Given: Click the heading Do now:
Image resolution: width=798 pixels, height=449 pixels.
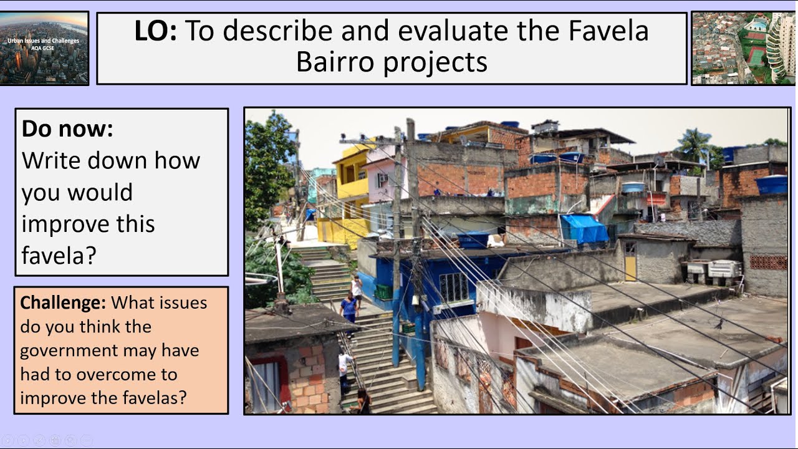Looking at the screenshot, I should pos(67,128).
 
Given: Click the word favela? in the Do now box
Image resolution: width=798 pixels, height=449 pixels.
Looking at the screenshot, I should pos(59,255).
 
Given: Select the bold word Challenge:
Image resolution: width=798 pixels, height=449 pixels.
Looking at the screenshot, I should pos(63,303).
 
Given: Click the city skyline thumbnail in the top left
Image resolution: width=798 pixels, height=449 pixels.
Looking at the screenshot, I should pos(44,48).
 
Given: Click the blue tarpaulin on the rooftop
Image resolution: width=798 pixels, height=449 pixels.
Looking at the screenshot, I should pos(584,228).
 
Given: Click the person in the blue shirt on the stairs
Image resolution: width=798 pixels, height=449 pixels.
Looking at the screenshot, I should pos(349,307).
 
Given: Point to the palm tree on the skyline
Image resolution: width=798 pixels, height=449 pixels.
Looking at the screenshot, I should pos(694,144).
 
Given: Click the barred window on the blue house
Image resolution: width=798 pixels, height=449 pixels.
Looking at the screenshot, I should pos(453,287).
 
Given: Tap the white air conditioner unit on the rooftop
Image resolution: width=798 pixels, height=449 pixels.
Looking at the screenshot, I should pos(724,269).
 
